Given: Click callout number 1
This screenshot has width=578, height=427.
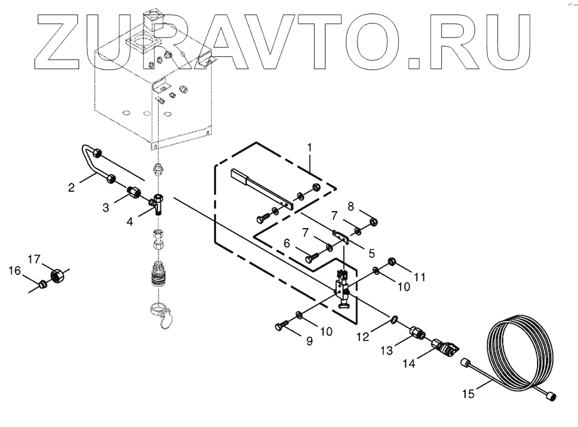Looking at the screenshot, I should click(311, 145).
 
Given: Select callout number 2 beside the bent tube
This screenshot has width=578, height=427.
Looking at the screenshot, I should click(71, 188).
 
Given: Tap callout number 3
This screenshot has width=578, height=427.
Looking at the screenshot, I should click(106, 206).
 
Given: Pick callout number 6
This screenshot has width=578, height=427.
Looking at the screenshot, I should click(287, 243).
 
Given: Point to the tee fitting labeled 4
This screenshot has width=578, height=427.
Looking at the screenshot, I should click(158, 203).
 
